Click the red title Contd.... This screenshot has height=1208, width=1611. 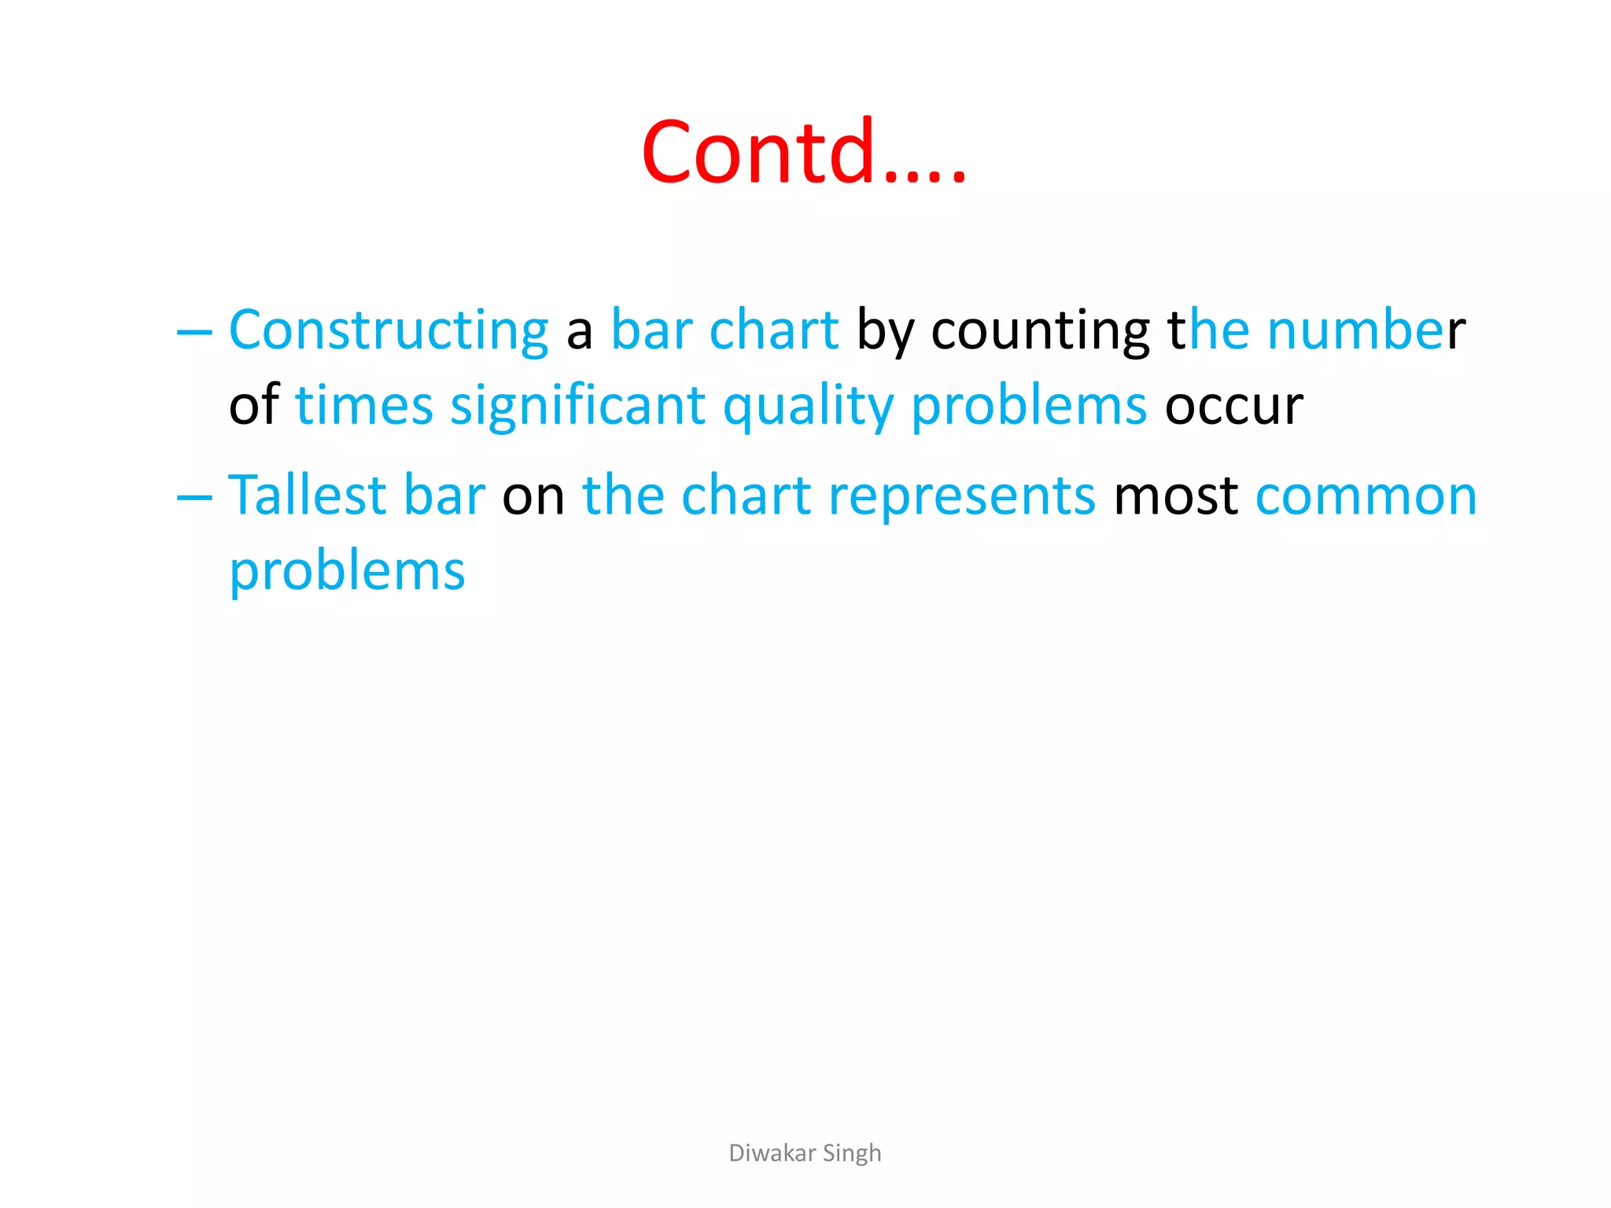coord(802,151)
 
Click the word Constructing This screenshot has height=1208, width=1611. coord(389,330)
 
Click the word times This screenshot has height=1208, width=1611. coord(363,406)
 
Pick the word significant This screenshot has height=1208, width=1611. coord(577,406)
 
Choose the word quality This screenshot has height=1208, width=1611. coord(808,406)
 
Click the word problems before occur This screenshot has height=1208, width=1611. coord(1029,406)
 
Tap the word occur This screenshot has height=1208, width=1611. coord(1233,406)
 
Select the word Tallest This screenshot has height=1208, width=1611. coord(307,495)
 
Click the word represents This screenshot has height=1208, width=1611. coord(961,495)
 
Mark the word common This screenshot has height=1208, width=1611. coord(1366,495)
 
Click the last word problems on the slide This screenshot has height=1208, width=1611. coord(347,571)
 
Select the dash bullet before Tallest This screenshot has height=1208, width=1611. coord(194,497)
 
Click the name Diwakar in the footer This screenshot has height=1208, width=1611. coord(772,1153)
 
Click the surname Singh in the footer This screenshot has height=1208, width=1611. coord(852,1153)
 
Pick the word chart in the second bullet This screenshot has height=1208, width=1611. coord(746,495)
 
